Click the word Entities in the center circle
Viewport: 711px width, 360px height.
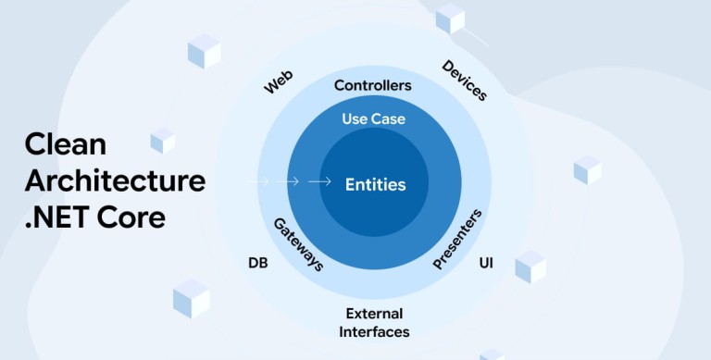tap(376, 184)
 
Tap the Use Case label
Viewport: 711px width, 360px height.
tap(374, 118)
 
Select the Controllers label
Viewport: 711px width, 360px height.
tap(373, 85)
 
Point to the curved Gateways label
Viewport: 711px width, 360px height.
tap(298, 244)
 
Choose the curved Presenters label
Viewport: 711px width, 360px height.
tap(457, 239)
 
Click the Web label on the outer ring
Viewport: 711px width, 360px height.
tap(279, 82)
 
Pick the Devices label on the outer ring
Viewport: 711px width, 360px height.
tap(465, 81)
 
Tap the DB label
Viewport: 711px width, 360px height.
tap(258, 263)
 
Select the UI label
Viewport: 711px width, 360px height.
tap(486, 263)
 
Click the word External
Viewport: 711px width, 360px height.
tap(374, 314)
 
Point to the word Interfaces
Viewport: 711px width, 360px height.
tap(374, 332)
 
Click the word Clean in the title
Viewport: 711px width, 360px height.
tap(66, 144)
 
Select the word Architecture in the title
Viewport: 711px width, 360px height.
tap(115, 180)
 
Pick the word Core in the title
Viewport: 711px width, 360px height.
tap(131, 217)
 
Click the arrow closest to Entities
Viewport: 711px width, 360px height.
tap(319, 181)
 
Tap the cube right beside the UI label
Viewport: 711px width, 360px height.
tap(530, 267)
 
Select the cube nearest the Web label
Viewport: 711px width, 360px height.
tap(204, 51)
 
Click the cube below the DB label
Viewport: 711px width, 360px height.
tap(192, 298)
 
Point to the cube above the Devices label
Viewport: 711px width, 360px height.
tap(450, 19)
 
